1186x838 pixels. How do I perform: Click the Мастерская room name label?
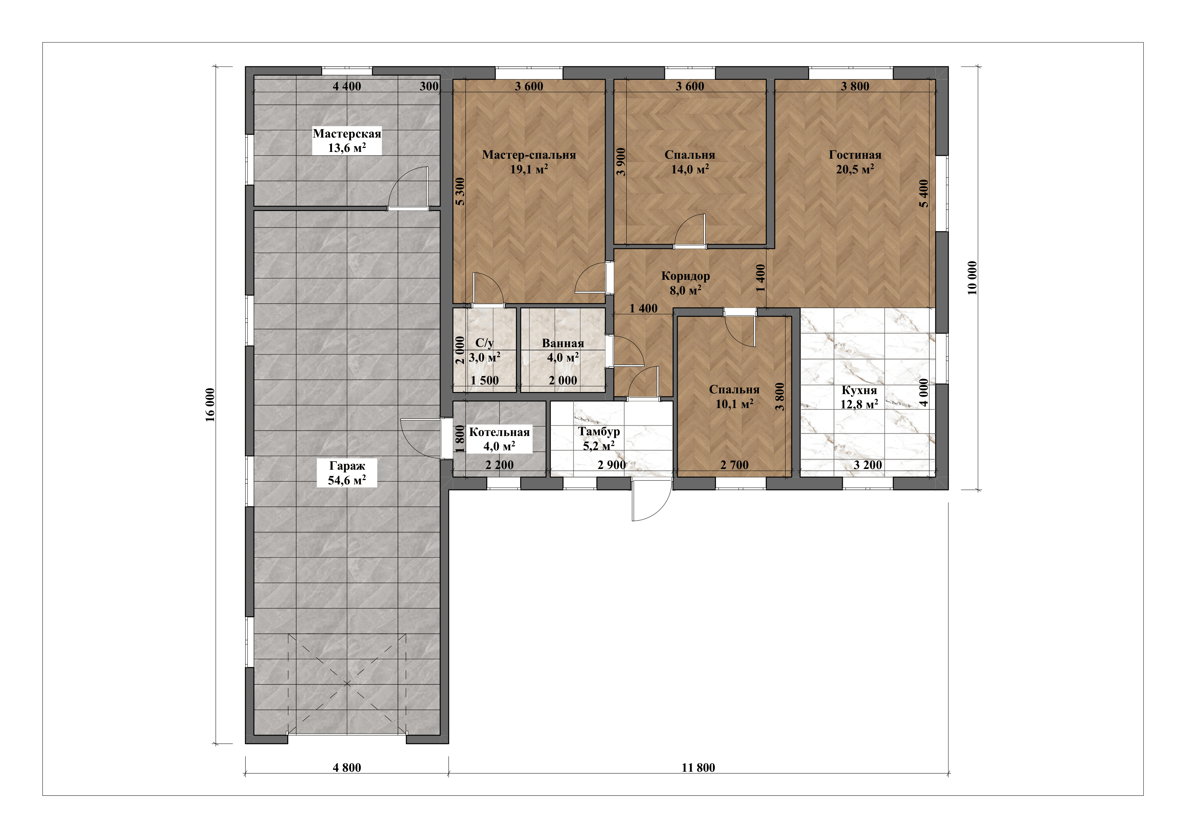point(347,134)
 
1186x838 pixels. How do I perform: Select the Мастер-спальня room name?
point(529,155)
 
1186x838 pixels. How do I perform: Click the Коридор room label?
point(685,276)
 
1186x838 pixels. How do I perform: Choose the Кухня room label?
point(859,391)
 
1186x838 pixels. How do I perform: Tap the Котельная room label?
point(499,432)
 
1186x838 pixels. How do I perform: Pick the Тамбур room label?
point(599,432)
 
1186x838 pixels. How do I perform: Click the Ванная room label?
point(563,343)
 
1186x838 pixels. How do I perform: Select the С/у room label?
point(484,343)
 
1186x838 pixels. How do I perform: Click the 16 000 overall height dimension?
point(210,405)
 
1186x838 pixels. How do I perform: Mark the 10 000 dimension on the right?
point(972,278)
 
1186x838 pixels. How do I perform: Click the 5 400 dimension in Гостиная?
point(924,193)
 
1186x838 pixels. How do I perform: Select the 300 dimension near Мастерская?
point(429,86)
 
